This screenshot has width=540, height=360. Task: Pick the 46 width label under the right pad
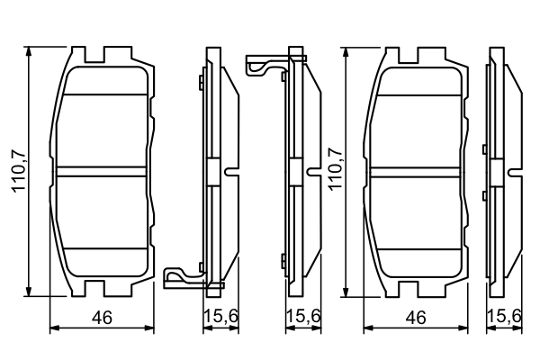click(416, 318)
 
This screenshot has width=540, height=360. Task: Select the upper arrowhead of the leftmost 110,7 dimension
click(31, 53)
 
